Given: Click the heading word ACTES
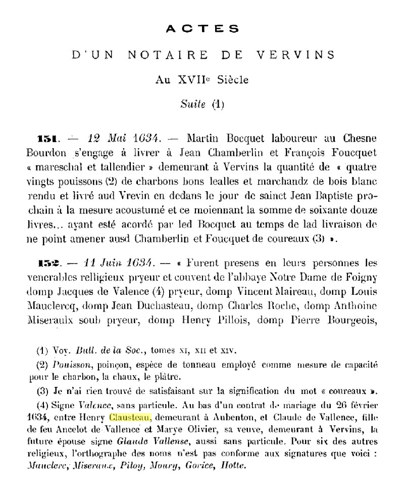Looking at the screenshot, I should [202, 29].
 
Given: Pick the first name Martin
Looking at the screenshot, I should [201, 138].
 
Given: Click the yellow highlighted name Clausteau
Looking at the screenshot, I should [129, 417].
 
